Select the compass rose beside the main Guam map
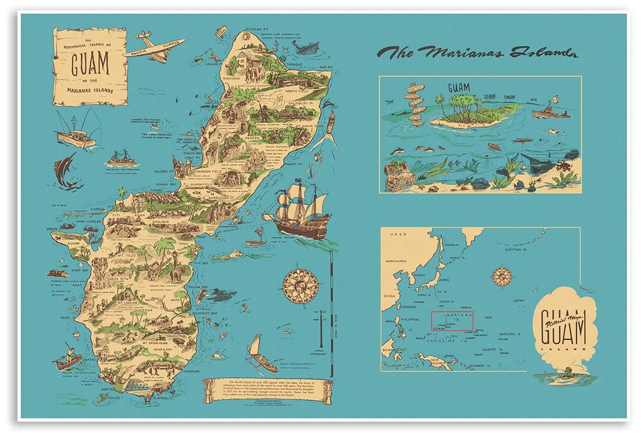click(x=300, y=285)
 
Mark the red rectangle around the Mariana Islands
click(x=452, y=320)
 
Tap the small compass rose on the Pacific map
click(x=503, y=276)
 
